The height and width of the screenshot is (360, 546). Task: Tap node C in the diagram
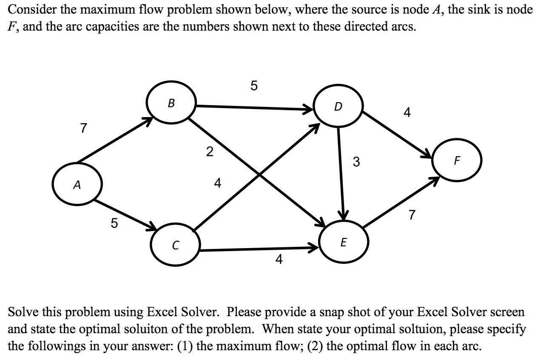pyautogui.click(x=175, y=245)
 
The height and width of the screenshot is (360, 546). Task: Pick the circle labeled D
pyautogui.click(x=338, y=106)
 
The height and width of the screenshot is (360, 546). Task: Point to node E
pyautogui.click(x=344, y=243)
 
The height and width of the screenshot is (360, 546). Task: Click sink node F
pyautogui.click(x=457, y=160)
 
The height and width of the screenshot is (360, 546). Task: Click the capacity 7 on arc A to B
pyautogui.click(x=83, y=127)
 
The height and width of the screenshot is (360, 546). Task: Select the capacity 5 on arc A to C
pyautogui.click(x=114, y=223)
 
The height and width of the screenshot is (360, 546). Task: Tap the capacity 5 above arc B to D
pyautogui.click(x=254, y=86)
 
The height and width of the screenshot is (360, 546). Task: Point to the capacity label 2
pyautogui.click(x=209, y=151)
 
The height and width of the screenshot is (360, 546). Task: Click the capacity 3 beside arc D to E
pyautogui.click(x=356, y=162)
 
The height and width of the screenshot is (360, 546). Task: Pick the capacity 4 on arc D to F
pyautogui.click(x=407, y=112)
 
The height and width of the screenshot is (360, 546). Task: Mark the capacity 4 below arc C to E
pyautogui.click(x=279, y=259)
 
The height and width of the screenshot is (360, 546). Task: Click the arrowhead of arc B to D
pyautogui.click(x=309, y=110)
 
